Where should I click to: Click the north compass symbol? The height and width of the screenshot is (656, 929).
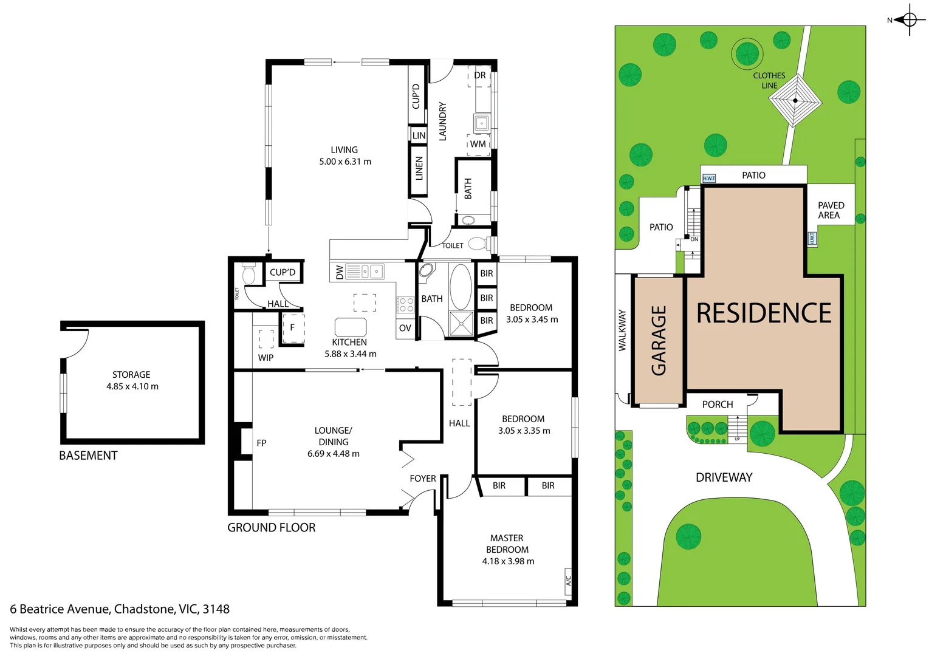909,19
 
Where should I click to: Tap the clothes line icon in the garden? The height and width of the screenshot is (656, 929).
795,101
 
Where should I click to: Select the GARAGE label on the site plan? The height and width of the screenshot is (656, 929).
659,340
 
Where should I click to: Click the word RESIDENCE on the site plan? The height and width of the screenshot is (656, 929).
764,313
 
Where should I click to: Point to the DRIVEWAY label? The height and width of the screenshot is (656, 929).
724,477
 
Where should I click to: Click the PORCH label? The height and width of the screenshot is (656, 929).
718,405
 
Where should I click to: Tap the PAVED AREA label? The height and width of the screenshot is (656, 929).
831,210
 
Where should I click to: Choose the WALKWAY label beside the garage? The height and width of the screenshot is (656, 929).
622,330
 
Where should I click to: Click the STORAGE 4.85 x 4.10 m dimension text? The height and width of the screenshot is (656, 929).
132,386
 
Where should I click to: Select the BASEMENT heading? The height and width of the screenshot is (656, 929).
88,456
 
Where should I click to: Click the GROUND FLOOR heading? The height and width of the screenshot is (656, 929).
271,527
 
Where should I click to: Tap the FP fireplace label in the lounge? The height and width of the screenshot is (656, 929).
261,443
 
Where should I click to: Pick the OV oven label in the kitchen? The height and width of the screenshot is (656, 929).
405,328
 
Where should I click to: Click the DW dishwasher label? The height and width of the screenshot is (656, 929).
340,272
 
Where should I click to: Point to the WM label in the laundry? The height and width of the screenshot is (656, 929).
478,144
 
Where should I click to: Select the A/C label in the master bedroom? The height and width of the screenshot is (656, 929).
569,581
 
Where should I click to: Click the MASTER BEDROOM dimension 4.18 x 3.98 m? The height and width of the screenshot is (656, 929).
508,561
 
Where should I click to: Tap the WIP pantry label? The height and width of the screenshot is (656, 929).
266,357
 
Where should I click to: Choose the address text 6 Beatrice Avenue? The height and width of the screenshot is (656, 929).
60,609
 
